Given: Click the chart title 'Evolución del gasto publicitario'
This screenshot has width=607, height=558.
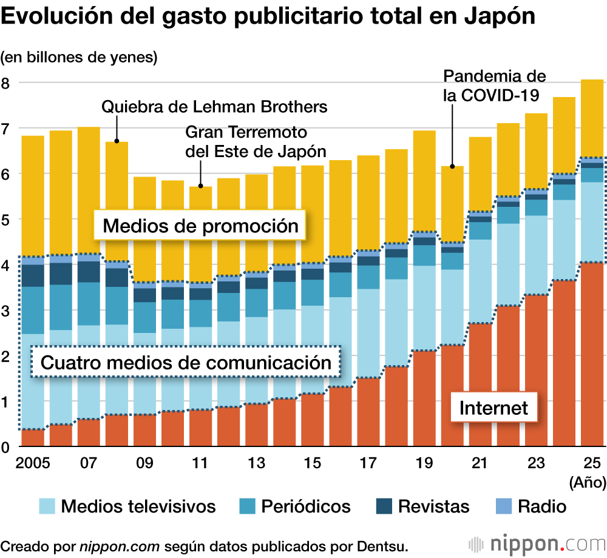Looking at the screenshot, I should (x=268, y=17).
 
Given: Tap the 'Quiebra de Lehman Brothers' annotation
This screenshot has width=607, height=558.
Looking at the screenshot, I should (x=214, y=107).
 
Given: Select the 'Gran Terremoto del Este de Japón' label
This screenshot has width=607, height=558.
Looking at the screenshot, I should (x=256, y=141).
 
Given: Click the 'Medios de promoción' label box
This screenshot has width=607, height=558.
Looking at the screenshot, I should (x=200, y=226).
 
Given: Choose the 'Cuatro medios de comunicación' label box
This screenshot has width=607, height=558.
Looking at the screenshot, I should (x=186, y=363).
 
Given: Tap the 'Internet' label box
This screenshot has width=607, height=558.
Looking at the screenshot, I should (x=493, y=408).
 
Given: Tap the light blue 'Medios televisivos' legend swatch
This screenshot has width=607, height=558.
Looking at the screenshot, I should (x=47, y=506).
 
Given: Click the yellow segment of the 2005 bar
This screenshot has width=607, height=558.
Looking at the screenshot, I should (x=33, y=194).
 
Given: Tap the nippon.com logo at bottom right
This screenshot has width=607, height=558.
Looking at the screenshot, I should (x=535, y=542).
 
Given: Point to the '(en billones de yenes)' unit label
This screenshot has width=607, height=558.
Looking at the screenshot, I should (x=79, y=58).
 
